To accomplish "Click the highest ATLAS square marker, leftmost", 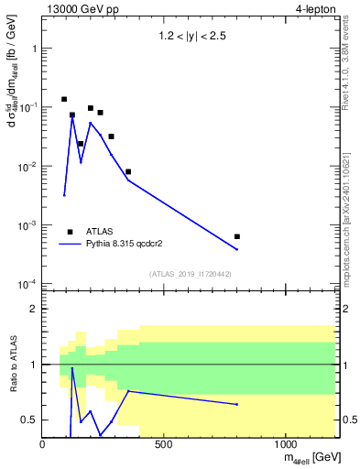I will [x=64, y=99].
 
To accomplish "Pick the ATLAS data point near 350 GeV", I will [x=128, y=171].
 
